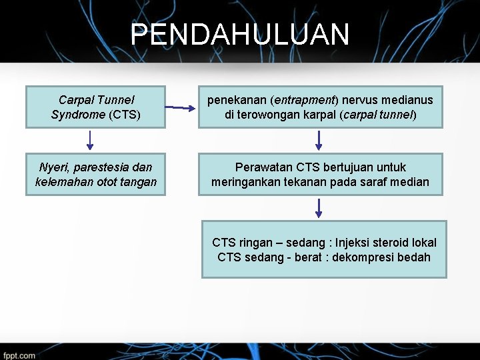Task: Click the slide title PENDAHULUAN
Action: (x=239, y=35)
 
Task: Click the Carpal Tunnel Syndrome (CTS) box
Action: (x=95, y=107)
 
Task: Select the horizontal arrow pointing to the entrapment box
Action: (x=179, y=107)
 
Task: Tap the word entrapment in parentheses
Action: (x=304, y=100)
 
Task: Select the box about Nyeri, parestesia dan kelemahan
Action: (x=95, y=174)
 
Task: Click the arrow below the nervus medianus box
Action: (x=319, y=139)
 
